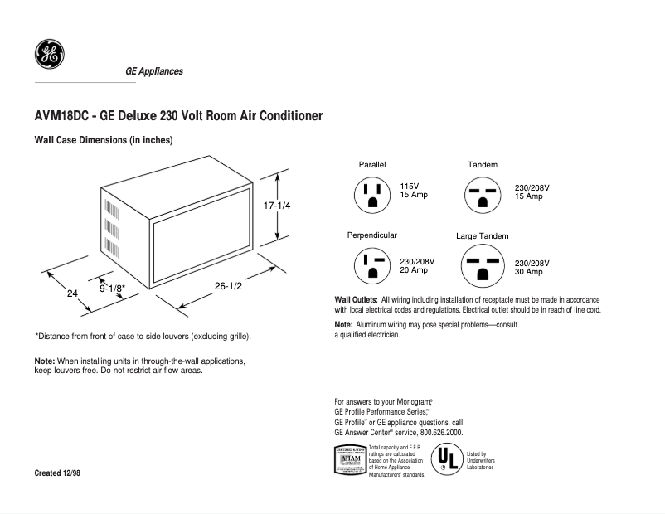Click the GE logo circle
click(50, 56)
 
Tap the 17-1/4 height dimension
click(277, 205)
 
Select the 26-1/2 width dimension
click(228, 286)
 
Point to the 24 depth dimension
click(72, 293)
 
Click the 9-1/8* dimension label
click(113, 289)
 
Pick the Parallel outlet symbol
click(372, 194)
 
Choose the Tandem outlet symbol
click(483, 194)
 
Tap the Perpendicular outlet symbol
click(372, 266)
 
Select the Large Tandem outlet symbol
click(483, 266)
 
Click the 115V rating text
click(410, 187)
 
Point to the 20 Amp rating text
click(414, 271)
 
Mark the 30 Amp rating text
click(529, 272)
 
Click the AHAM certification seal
click(349, 460)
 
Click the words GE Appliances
click(154, 71)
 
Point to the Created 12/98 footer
click(57, 473)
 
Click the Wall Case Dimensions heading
click(103, 140)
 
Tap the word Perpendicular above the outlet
click(371, 235)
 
